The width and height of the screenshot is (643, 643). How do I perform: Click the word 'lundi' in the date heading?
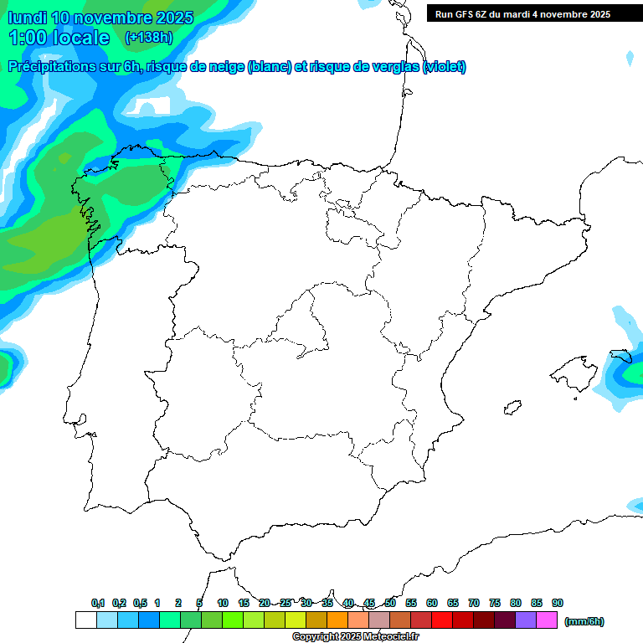[x=27, y=18]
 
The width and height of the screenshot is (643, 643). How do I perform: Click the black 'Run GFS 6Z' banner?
[x=534, y=13]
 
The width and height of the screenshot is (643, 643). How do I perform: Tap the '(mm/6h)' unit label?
[x=584, y=621]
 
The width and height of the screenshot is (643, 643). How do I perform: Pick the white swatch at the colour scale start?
[x=85, y=620]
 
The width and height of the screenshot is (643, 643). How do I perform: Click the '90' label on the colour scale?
[x=558, y=603]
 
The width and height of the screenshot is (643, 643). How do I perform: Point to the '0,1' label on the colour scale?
[x=98, y=603]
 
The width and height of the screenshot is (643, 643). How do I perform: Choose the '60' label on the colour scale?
[x=432, y=603]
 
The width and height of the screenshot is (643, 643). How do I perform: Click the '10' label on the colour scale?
[x=223, y=603]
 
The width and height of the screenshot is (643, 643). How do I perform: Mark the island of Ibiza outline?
[x=510, y=408]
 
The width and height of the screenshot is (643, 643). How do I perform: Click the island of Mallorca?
[x=574, y=372]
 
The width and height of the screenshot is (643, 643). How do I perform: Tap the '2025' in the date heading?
[x=170, y=18]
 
